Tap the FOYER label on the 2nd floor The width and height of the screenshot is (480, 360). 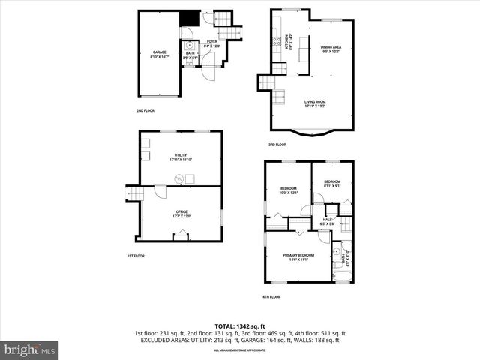[212, 42]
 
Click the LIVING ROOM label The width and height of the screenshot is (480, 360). [315, 103]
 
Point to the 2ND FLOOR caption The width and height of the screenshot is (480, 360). [145, 112]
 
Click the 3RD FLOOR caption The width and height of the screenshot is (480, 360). [277, 145]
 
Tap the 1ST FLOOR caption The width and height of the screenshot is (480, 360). [135, 256]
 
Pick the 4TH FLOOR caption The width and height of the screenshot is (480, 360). [271, 296]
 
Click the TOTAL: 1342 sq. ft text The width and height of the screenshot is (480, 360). [239, 325]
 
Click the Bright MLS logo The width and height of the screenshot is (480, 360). [30, 349]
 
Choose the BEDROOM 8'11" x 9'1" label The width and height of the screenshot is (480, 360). [332, 184]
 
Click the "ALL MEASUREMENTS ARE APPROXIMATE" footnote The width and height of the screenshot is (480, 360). [239, 349]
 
